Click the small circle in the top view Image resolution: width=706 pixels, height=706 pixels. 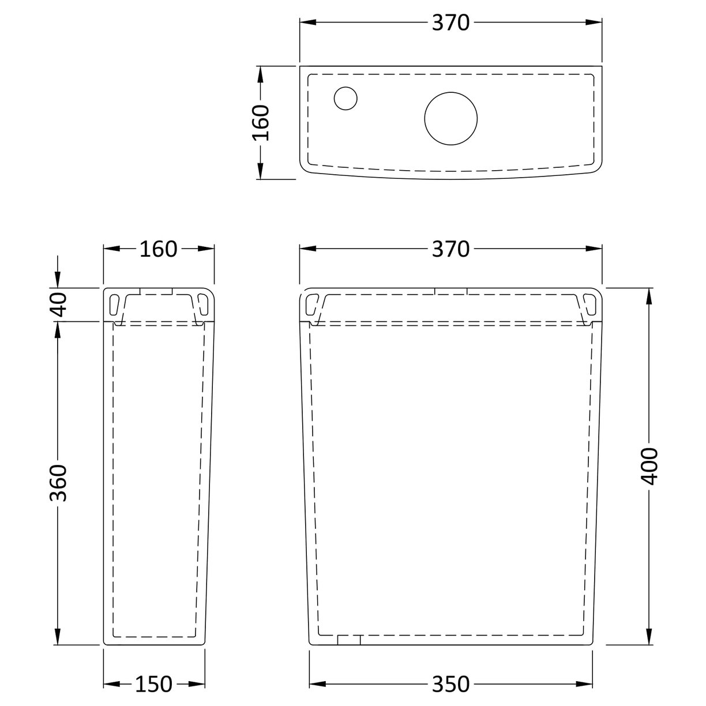346,97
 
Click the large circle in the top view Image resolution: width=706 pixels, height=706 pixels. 451,118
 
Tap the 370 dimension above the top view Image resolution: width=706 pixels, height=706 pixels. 451,22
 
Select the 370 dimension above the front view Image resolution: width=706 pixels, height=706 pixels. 451,249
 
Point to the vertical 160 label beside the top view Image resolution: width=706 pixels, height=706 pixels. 261,122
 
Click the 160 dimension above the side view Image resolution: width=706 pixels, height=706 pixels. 158,249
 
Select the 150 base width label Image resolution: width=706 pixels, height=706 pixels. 153,684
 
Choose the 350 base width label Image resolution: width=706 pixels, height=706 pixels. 451,684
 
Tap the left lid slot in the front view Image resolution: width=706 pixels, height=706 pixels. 312,302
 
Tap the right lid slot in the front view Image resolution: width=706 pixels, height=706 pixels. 589,302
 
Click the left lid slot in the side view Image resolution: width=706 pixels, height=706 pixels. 115,302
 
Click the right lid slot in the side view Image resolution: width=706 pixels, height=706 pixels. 202,302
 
